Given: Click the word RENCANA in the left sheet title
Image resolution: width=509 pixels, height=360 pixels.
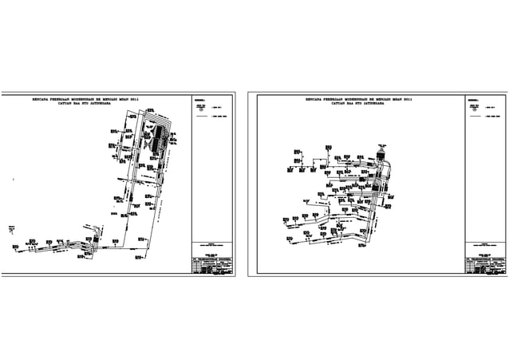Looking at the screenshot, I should click(x=41, y=100).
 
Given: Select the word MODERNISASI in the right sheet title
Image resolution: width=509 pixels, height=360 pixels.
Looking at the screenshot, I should click(x=352, y=100).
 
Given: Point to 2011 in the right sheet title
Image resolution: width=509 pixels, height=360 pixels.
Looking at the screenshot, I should click(x=407, y=100).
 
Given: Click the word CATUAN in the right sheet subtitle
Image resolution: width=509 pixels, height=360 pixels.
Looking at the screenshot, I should click(x=318, y=104).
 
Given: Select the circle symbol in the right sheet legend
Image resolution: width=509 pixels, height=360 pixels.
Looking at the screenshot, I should click(x=474, y=108).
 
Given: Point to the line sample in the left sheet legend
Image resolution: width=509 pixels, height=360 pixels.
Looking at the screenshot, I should click(x=203, y=116).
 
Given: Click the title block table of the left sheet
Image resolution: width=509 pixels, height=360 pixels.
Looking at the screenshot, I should click(x=212, y=267).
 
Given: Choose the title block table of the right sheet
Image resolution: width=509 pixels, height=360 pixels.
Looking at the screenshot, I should click(x=485, y=267).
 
